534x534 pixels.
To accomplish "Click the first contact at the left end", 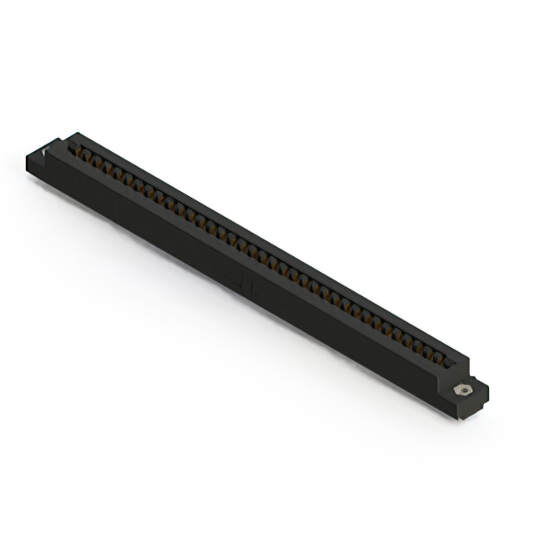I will [x=85, y=154].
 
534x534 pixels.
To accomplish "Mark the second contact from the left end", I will [x=95, y=159].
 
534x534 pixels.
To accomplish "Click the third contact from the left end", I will [x=106, y=166].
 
